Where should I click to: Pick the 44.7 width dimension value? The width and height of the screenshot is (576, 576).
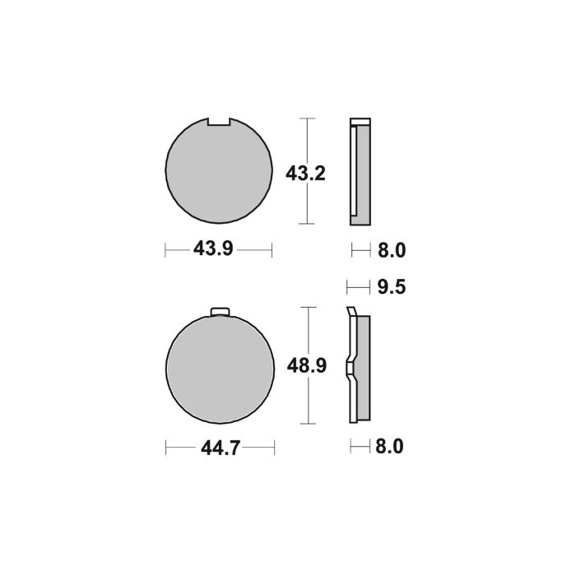(220, 448)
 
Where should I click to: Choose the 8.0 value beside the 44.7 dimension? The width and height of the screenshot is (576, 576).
(391, 448)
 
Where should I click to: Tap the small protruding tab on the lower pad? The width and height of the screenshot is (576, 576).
(220, 311)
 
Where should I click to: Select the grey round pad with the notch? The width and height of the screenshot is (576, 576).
(218, 173)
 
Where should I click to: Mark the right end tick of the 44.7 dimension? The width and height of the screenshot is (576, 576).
(274, 448)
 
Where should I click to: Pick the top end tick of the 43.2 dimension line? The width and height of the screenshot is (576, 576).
(307, 118)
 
